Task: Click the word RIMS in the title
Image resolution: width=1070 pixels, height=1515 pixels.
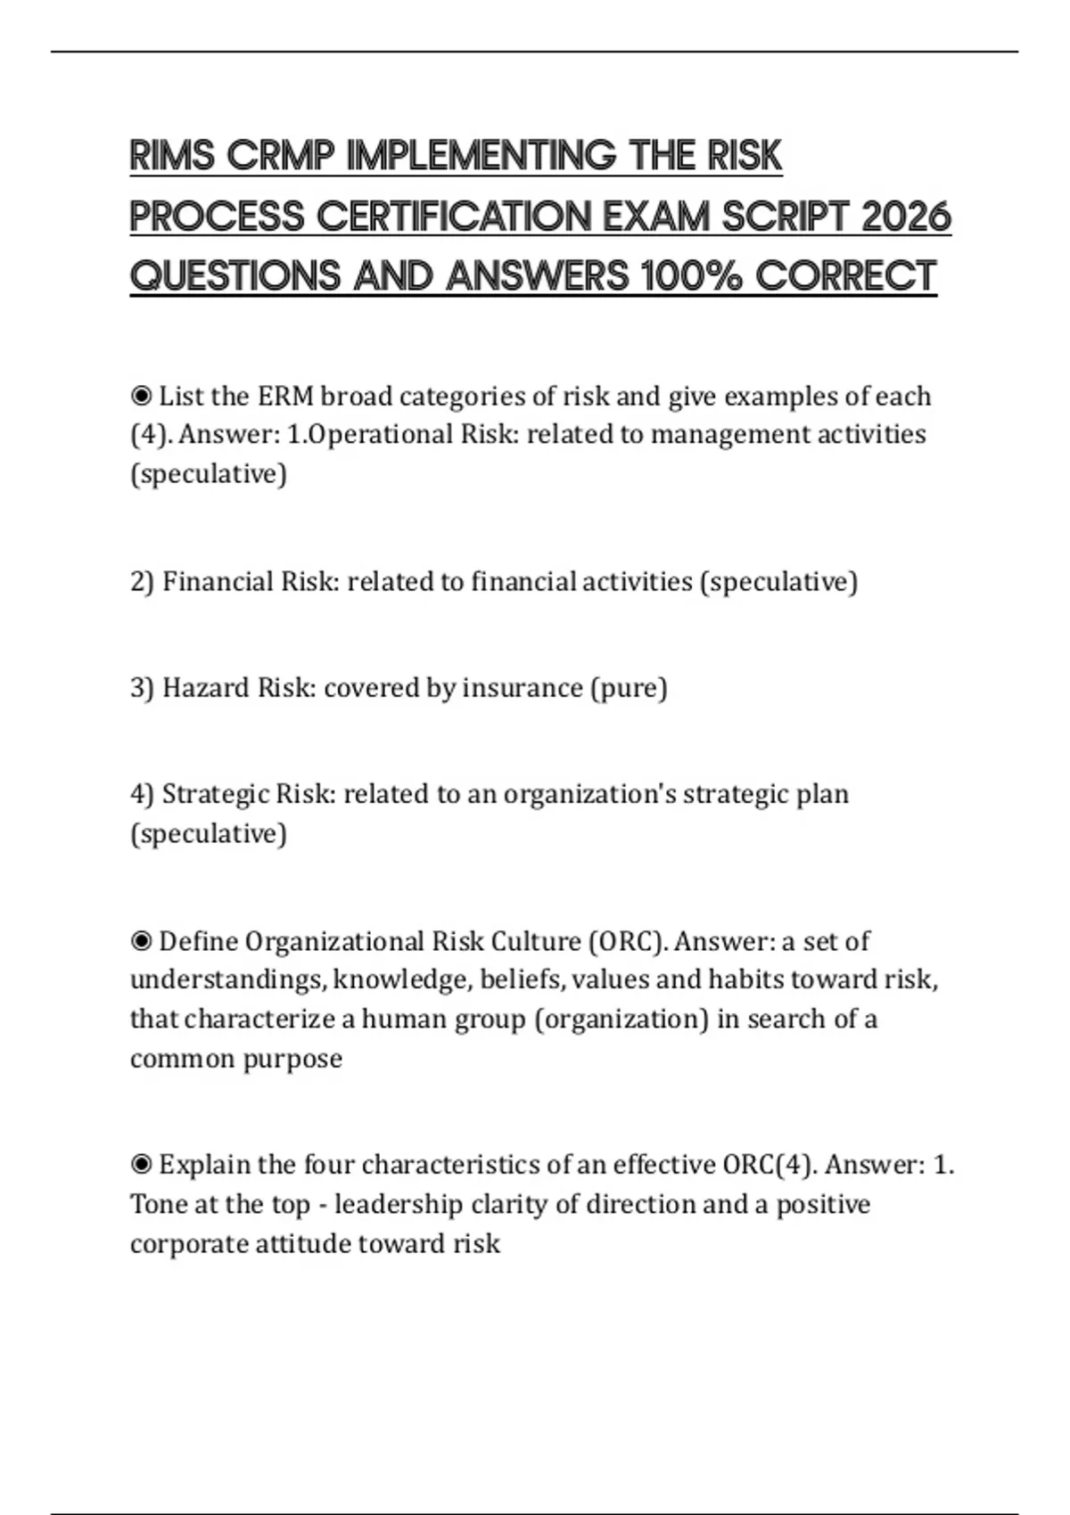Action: (x=172, y=156)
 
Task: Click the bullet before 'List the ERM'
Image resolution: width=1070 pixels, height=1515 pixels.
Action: (x=141, y=395)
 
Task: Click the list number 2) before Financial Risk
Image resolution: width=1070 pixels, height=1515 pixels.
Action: (x=142, y=582)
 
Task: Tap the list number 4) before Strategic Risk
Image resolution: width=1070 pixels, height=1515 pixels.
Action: (x=142, y=794)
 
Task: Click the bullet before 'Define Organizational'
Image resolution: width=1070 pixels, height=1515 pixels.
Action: (x=141, y=941)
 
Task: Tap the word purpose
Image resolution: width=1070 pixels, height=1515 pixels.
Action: (x=292, y=1059)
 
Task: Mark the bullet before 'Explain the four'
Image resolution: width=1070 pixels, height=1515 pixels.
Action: (x=141, y=1164)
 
